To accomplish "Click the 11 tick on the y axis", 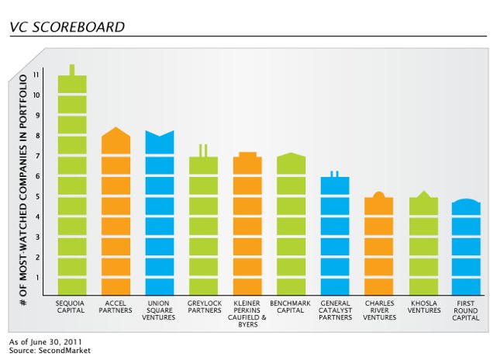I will tap(37, 75).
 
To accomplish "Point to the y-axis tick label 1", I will tap(37, 278).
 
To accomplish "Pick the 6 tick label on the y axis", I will tap(37, 176).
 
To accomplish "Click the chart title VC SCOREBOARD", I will tap(67, 27).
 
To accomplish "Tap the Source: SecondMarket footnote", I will tap(40, 351).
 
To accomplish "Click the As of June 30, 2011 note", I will tap(46, 341).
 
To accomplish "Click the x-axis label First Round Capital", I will tap(466, 309).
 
